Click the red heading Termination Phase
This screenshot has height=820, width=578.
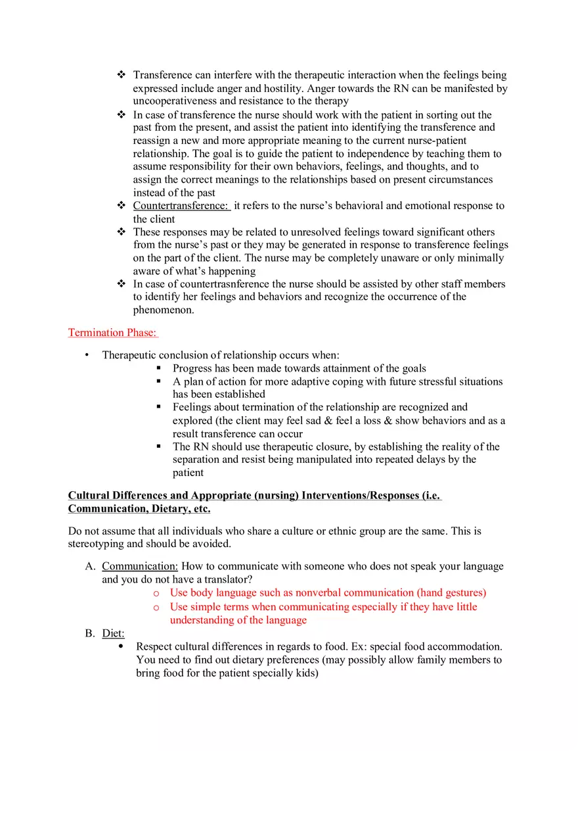point(112,333)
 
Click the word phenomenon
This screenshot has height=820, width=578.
point(163,310)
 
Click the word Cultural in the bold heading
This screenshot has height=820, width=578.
point(89,495)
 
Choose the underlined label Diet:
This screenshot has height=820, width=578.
point(113,633)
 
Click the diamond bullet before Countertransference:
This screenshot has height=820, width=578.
point(121,206)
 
